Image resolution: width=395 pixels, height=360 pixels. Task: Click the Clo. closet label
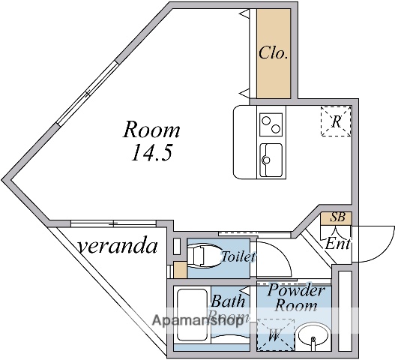click(x=274, y=52)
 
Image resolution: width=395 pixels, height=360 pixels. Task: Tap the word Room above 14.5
click(x=151, y=129)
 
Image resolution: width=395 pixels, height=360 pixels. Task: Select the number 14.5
click(x=152, y=152)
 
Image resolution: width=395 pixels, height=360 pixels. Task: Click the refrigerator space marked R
click(x=336, y=121)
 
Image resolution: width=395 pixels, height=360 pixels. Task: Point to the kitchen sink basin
click(x=271, y=160)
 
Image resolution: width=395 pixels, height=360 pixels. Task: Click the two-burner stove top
click(x=271, y=124)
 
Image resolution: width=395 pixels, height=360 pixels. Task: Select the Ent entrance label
click(x=337, y=244)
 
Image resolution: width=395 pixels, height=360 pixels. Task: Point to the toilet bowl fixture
click(x=204, y=255)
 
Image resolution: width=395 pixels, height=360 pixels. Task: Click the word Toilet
click(x=238, y=256)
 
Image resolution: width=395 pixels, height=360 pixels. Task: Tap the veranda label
click(x=118, y=245)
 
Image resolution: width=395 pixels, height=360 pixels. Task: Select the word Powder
click(x=295, y=290)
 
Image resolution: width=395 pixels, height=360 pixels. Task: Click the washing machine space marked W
click(x=276, y=334)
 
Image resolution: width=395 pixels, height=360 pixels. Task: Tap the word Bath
click(x=228, y=301)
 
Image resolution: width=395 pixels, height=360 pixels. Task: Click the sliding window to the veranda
click(x=113, y=223)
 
